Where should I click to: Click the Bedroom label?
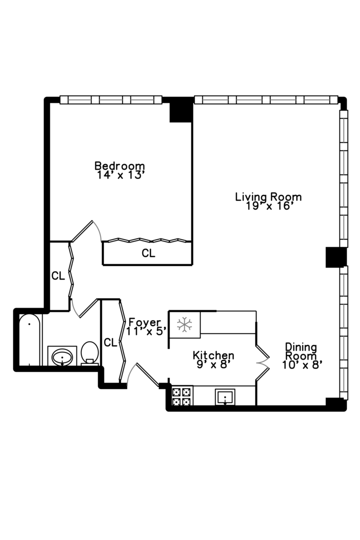(x=119, y=165)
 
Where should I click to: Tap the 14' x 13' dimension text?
(x=119, y=175)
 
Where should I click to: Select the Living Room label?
(x=268, y=197)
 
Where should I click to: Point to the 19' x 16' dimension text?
(x=269, y=206)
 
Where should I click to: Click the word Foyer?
(x=144, y=322)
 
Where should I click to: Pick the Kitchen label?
(x=213, y=355)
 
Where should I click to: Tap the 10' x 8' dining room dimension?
(x=302, y=364)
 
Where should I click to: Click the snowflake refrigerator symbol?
(x=184, y=324)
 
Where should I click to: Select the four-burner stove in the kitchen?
(x=181, y=396)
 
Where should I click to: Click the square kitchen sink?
(x=225, y=397)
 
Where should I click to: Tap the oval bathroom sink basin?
(x=62, y=357)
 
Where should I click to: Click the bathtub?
(x=30, y=340)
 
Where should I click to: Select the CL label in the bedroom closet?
(x=148, y=253)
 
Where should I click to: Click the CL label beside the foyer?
(x=110, y=342)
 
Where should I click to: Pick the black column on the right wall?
(x=336, y=257)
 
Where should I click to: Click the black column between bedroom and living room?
(x=181, y=110)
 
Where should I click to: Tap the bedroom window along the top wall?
(x=110, y=100)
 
